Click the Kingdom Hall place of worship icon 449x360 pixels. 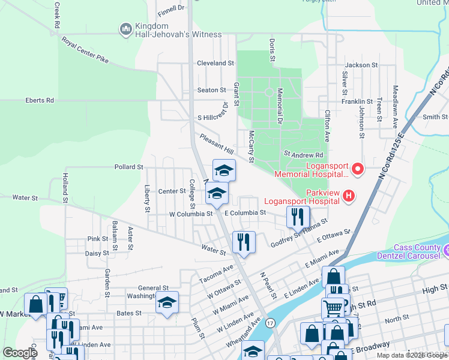pyautogui.click(x=126, y=29)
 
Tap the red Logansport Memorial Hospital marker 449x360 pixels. pyautogui.click(x=358, y=169)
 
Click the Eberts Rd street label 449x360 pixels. pyautogui.click(x=40, y=100)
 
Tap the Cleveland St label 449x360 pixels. pyautogui.click(x=215, y=63)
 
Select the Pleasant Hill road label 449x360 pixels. pyautogui.click(x=217, y=144)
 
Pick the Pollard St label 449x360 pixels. pyautogui.click(x=128, y=167)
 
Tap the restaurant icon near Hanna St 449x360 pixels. pyautogui.click(x=298, y=217)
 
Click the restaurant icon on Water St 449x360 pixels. pyautogui.click(x=244, y=242)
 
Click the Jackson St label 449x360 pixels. pyautogui.click(x=361, y=65)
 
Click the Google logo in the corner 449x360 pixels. pyautogui.click(x=20, y=353)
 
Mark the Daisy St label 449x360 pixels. pyautogui.click(x=96, y=253)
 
